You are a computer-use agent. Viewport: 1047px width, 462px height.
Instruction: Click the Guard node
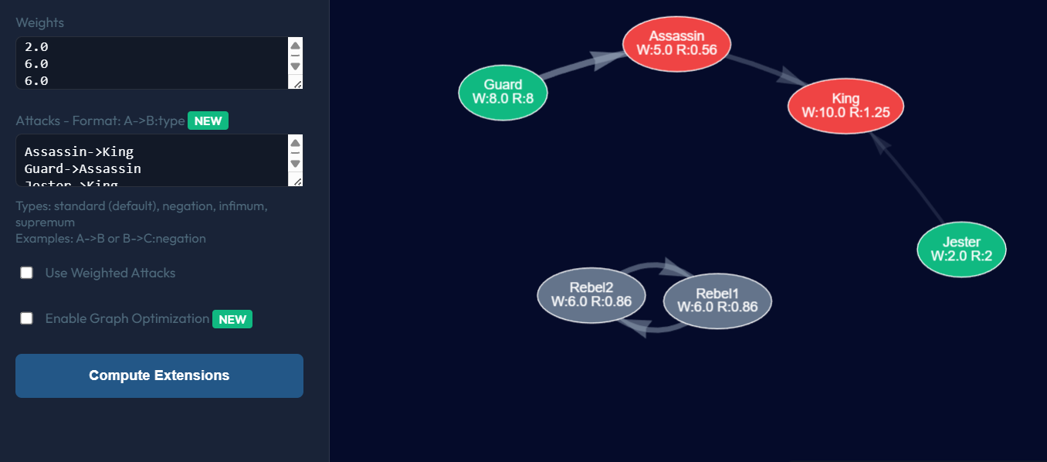coord(503,93)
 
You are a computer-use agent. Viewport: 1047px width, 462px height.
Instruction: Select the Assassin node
coord(676,43)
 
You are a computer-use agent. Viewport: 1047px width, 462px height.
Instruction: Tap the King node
coord(845,106)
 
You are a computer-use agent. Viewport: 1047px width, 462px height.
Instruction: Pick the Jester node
coord(961,249)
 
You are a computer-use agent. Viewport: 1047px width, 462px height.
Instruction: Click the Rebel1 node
coord(717,301)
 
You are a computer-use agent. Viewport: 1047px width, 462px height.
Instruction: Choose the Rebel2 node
coord(591,294)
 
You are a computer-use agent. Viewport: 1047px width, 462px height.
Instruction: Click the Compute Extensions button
coord(159,375)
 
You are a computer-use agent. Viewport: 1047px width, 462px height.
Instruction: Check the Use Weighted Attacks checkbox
coord(27,273)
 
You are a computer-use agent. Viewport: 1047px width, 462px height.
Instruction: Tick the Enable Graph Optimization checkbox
coord(27,318)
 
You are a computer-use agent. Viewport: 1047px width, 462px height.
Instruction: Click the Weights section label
coord(40,22)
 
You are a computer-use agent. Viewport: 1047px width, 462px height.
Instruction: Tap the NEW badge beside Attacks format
coord(208,121)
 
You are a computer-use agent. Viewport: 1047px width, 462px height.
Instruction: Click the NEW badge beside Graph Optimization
coord(232,319)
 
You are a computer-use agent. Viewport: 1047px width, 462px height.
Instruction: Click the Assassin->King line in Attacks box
coord(79,151)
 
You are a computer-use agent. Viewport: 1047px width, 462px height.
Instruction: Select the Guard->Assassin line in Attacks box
coord(83,168)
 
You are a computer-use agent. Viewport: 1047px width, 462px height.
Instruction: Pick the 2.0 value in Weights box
coord(36,47)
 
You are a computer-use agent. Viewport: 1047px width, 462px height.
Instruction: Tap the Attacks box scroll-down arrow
coord(295,164)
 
